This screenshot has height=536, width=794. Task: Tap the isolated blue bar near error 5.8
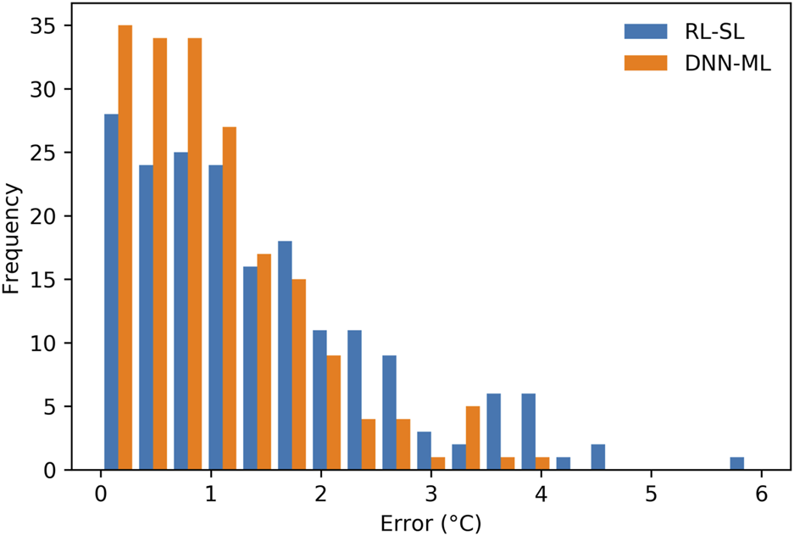point(737,463)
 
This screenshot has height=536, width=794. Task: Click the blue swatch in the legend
point(641,32)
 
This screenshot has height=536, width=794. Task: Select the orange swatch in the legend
point(641,64)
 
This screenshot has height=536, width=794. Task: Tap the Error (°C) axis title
point(430,519)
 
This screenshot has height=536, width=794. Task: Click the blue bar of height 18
point(285,355)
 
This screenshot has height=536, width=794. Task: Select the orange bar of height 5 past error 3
point(473,438)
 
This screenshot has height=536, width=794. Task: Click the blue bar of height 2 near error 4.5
point(598,457)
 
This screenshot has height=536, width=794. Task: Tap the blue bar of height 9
point(389,412)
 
